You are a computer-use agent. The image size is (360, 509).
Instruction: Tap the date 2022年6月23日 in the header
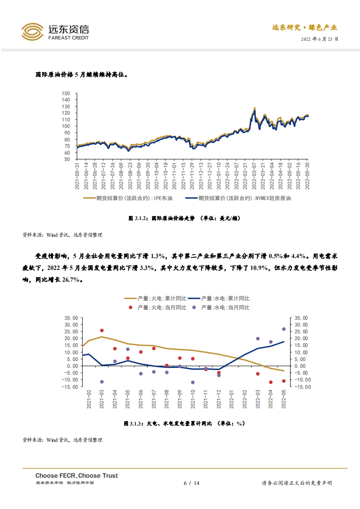(x=320, y=39)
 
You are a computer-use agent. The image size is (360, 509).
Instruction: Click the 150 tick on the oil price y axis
(x=66, y=93)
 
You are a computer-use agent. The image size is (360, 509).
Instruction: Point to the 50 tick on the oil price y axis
(x=66, y=159)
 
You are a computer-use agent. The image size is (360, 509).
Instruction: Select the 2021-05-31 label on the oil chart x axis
(x=78, y=177)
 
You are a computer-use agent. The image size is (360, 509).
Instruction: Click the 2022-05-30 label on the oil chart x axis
(x=307, y=177)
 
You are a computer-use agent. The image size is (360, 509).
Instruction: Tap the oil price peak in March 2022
(x=255, y=108)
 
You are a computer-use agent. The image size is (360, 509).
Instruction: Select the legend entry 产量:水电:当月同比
(x=225, y=308)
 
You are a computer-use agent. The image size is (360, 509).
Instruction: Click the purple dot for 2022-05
(x=284, y=329)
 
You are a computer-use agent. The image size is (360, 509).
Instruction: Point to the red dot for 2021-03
(x=102, y=331)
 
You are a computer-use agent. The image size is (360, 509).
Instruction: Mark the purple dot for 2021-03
(x=102, y=382)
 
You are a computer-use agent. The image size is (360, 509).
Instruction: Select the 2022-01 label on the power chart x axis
(x=232, y=399)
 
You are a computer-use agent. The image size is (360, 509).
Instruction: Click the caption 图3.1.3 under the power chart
(x=184, y=424)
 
